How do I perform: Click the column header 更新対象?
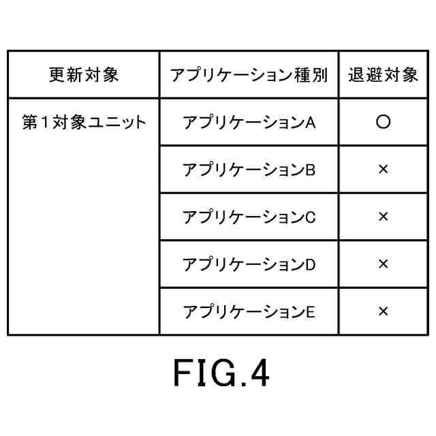click(x=84, y=74)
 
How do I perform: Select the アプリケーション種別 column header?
click(x=249, y=74)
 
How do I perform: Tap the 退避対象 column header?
click(x=383, y=74)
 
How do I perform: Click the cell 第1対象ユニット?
click(x=84, y=123)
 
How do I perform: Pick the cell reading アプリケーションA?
click(x=249, y=123)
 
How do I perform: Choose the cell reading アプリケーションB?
click(x=249, y=170)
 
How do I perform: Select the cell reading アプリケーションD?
click(x=249, y=264)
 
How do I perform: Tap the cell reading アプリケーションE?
click(x=249, y=311)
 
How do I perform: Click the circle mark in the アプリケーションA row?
click(x=383, y=123)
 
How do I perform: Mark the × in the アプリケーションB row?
click(x=383, y=170)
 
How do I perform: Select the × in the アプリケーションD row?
click(x=383, y=264)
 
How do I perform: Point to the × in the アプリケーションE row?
click(x=383, y=311)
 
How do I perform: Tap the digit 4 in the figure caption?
click(x=259, y=374)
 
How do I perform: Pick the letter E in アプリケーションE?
click(x=310, y=312)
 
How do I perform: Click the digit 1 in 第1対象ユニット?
click(x=47, y=123)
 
